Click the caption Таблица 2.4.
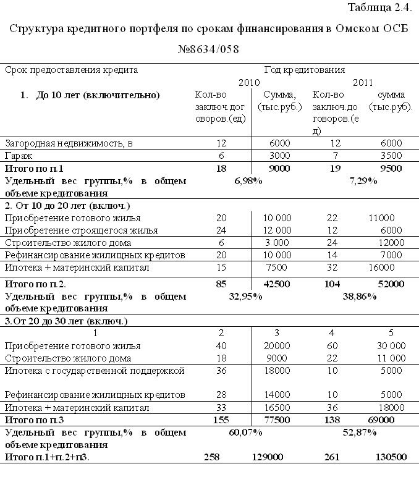point(379,8)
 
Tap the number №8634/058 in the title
point(209,49)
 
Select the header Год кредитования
point(304,70)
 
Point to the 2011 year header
point(363,82)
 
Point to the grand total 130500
point(391,457)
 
